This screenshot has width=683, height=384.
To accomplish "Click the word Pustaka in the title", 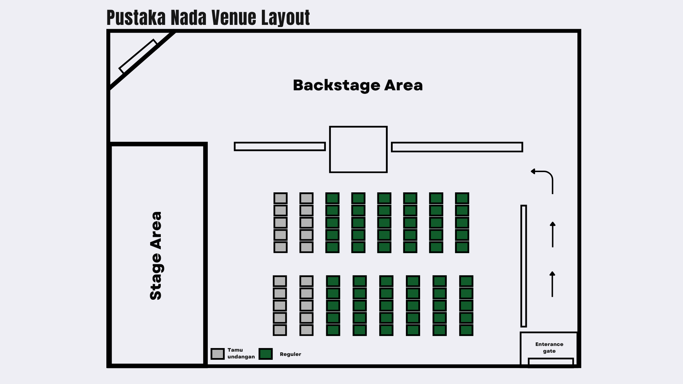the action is [x=136, y=18].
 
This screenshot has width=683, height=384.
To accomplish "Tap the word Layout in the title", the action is [x=285, y=18].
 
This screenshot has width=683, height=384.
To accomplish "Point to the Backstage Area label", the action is [x=358, y=85].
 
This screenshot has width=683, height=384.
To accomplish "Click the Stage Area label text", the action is [x=156, y=256].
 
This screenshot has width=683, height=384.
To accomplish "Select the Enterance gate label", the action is [x=549, y=347].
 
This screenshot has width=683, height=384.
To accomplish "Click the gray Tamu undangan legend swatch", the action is [x=217, y=354].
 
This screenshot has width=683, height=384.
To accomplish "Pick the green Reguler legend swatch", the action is [x=265, y=354].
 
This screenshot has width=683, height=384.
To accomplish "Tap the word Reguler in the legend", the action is [x=290, y=354].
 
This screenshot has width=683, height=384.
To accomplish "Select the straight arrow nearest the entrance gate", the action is [x=552, y=284].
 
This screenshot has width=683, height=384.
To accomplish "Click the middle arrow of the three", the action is [x=552, y=235].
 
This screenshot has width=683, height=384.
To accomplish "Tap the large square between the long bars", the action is [x=358, y=149].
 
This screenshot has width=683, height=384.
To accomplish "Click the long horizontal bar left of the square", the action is [x=280, y=146].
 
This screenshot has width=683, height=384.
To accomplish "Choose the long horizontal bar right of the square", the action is [x=457, y=147].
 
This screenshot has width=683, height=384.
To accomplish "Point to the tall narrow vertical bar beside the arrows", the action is [x=524, y=266].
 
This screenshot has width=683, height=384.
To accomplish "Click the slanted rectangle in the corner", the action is [x=138, y=56].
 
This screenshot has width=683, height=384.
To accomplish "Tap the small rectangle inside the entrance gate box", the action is [x=551, y=362].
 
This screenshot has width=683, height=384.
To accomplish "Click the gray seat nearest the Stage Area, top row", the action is [x=280, y=198].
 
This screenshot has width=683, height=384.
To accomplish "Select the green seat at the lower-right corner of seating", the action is [x=466, y=330].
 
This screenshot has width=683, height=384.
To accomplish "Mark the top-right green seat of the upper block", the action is [x=462, y=198].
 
